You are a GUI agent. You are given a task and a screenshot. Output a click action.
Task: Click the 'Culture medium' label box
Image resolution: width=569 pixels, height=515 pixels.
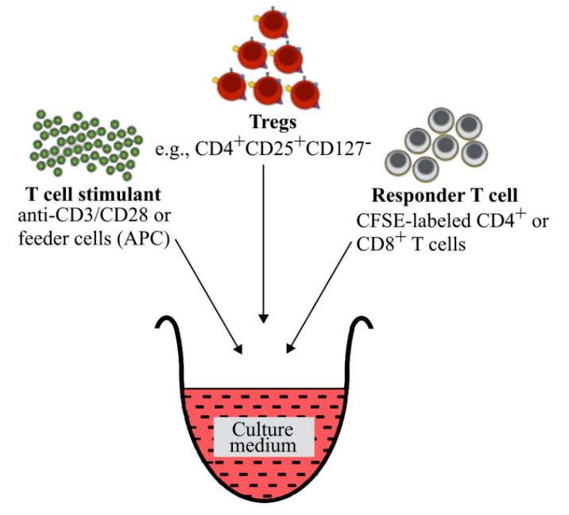262,436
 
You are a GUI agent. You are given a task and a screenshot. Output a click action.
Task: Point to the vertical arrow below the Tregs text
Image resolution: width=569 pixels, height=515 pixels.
261,238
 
